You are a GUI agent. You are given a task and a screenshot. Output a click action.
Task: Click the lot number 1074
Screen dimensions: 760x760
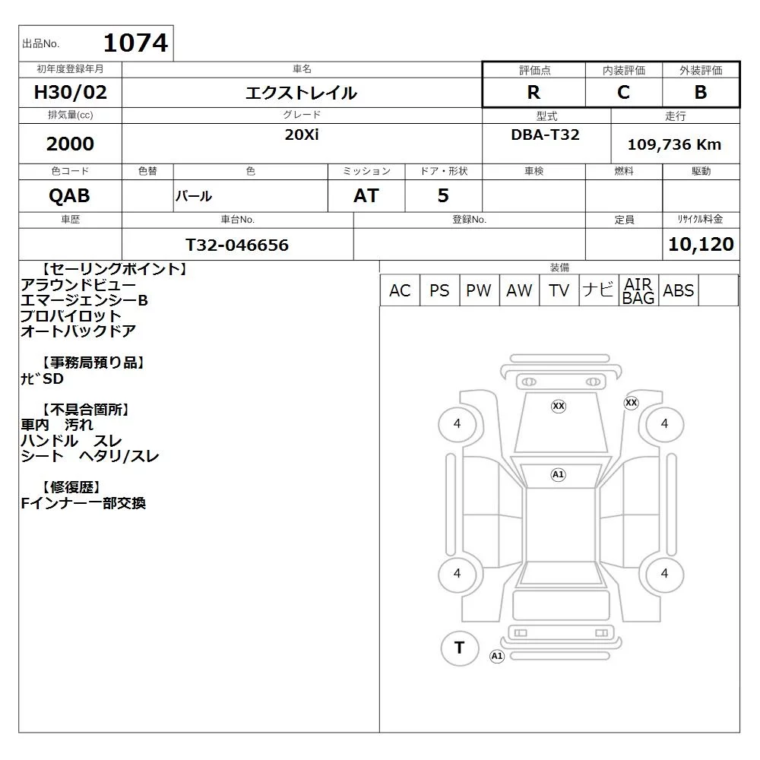point(136,43)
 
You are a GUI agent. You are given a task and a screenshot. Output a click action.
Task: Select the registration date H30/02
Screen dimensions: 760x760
point(70,92)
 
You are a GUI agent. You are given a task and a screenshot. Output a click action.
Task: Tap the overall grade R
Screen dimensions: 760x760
point(534,92)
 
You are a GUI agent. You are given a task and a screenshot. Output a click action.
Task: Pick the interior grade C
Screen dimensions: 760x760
point(624,92)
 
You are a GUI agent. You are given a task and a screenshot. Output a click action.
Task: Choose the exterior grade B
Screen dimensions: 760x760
point(701,92)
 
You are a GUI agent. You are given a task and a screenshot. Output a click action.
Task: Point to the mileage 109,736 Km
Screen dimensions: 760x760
point(674,144)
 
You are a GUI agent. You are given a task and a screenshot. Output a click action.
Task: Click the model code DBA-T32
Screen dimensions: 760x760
point(545,135)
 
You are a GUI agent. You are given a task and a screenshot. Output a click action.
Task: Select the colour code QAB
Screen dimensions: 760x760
point(69,195)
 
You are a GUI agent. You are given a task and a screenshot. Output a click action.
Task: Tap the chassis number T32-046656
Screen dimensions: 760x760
point(237,245)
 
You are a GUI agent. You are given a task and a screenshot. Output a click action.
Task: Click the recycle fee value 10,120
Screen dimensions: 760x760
point(701,244)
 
